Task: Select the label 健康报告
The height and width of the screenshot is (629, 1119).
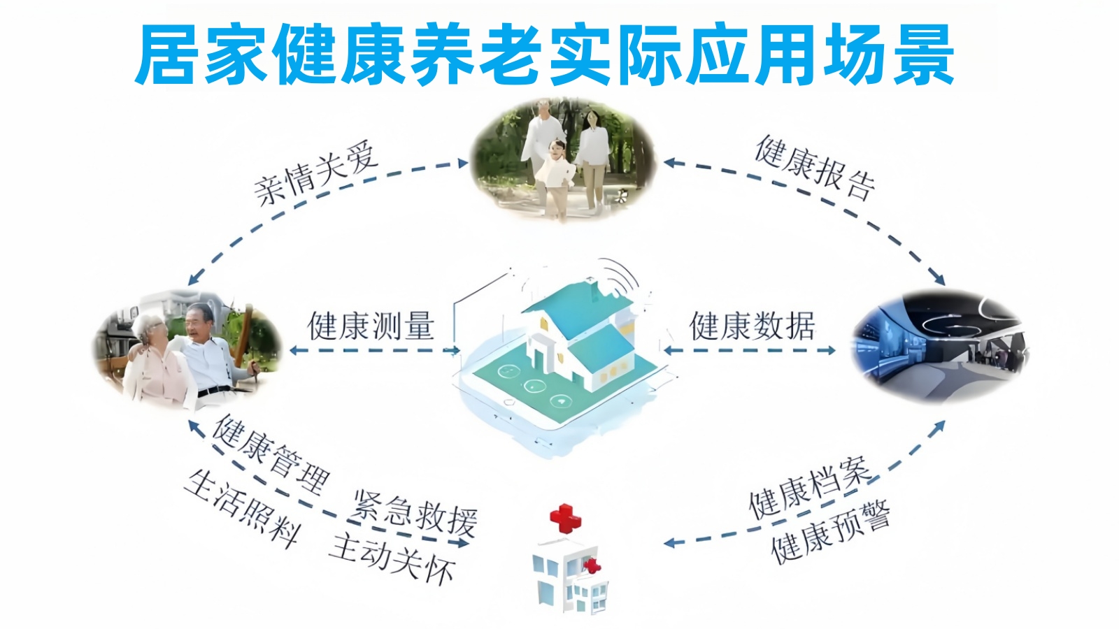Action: (815, 168)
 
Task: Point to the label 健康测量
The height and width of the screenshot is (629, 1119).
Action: (371, 326)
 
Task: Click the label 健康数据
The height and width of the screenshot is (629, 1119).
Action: (752, 326)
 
